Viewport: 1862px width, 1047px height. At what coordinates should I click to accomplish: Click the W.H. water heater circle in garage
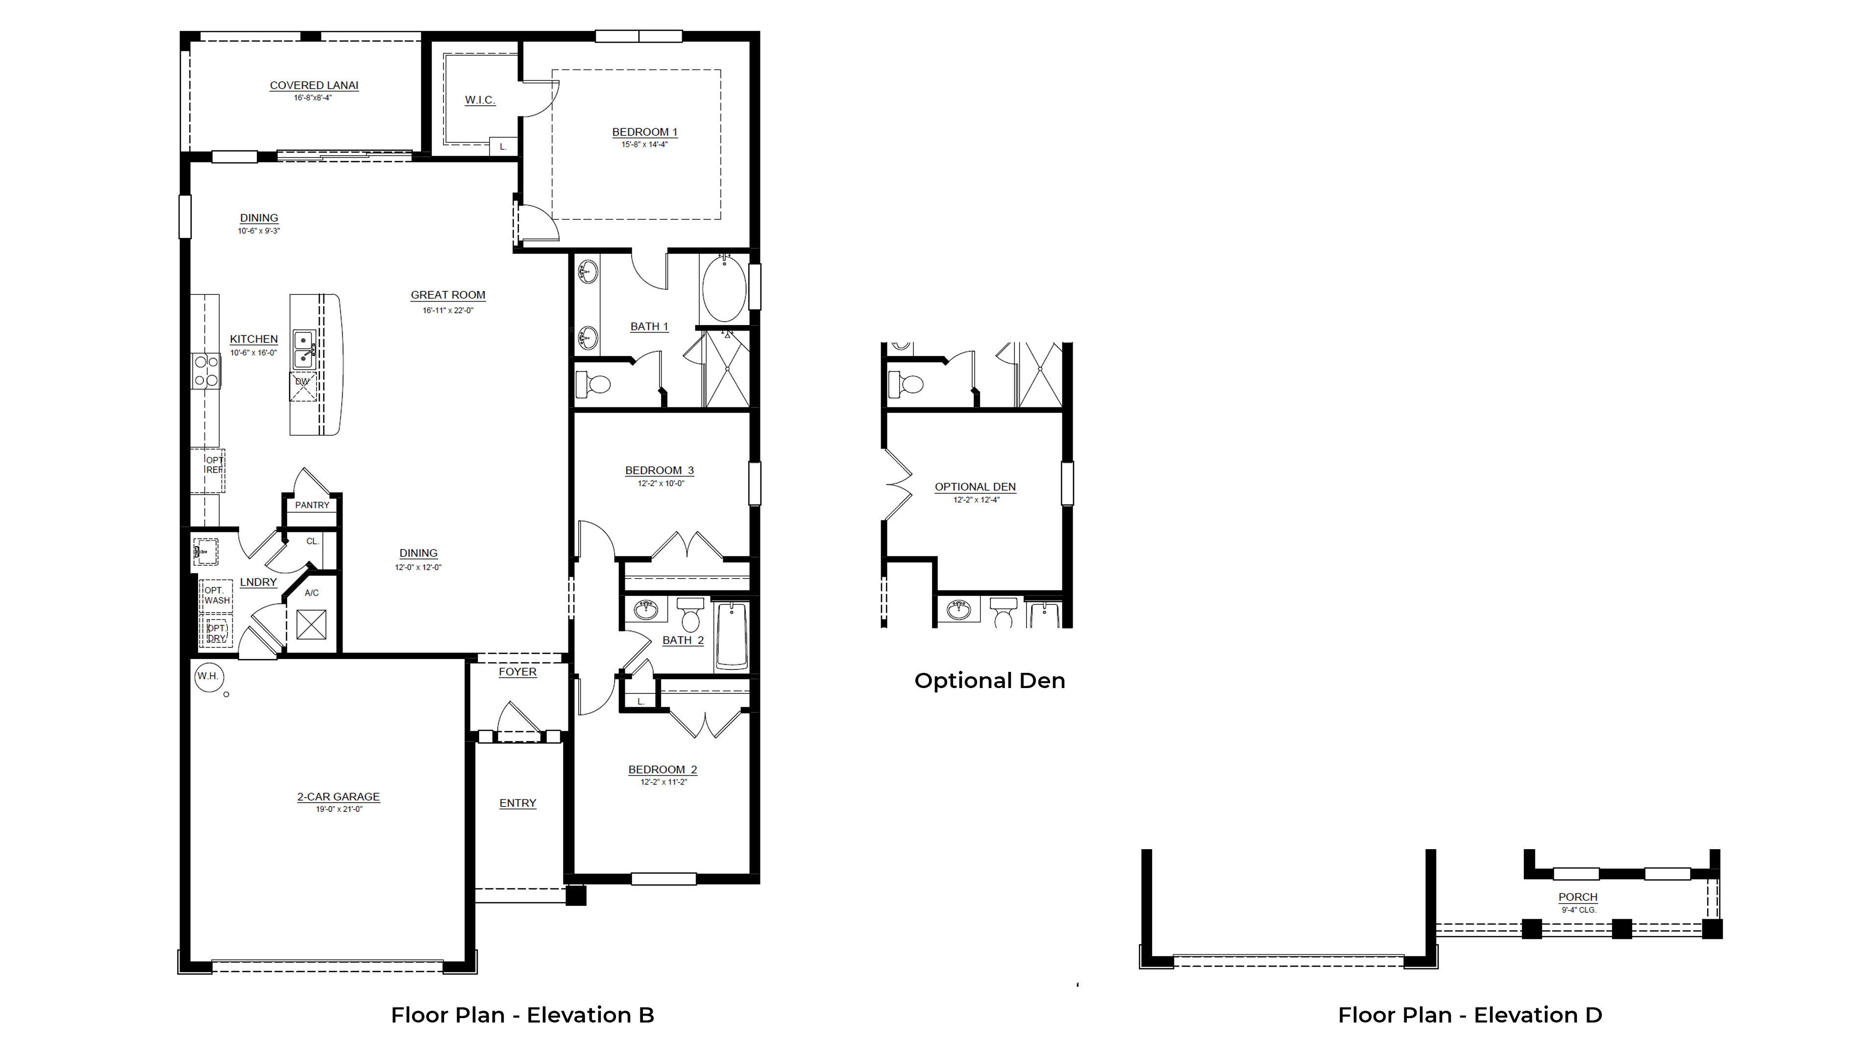[x=209, y=676]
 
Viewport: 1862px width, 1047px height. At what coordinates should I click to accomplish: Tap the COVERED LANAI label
[x=314, y=85]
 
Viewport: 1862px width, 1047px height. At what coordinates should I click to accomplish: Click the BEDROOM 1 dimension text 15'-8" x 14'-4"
[x=644, y=144]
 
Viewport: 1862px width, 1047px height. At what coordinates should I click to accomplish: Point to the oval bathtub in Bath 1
[x=724, y=288]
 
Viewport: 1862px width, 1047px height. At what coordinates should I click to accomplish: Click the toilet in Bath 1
[x=593, y=384]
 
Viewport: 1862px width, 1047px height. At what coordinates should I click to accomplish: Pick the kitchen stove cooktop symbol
[x=206, y=371]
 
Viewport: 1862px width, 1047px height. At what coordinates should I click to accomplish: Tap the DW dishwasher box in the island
[x=303, y=386]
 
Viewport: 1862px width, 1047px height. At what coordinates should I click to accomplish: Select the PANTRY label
[x=312, y=505]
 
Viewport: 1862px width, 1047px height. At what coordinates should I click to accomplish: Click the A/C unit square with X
[x=312, y=624]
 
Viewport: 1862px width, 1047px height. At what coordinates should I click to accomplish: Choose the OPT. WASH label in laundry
[x=216, y=595]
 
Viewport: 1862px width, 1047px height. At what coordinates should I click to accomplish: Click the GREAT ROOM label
[x=447, y=295]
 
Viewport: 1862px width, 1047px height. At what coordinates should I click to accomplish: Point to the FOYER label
[x=517, y=672]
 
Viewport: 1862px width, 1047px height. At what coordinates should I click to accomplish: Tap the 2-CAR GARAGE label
[x=338, y=796]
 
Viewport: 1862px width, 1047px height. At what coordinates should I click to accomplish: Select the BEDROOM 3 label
[x=659, y=471]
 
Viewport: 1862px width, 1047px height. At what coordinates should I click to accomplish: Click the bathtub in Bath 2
[x=732, y=636]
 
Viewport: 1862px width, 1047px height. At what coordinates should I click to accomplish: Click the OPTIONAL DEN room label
[x=975, y=487]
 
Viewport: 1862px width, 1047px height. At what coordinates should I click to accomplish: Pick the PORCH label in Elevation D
[x=1577, y=897]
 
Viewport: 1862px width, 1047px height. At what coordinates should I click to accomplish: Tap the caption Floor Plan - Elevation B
[x=522, y=1015]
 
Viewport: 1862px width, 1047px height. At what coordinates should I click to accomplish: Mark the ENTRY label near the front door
[x=517, y=803]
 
